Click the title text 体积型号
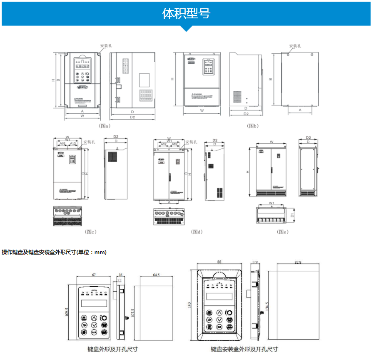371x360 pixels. click(x=186, y=13)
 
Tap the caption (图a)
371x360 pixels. click(x=104, y=125)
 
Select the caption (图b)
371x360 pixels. click(x=253, y=125)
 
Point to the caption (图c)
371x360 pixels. click(x=90, y=232)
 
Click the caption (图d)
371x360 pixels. click(x=197, y=232)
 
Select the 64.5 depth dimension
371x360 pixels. click(x=156, y=275)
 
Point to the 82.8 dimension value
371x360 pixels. click(x=297, y=262)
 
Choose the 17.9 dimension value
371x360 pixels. click(x=255, y=262)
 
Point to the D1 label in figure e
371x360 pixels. click(x=292, y=215)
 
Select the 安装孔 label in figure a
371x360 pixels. click(x=106, y=46)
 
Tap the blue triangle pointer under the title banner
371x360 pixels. click(x=186, y=28)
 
